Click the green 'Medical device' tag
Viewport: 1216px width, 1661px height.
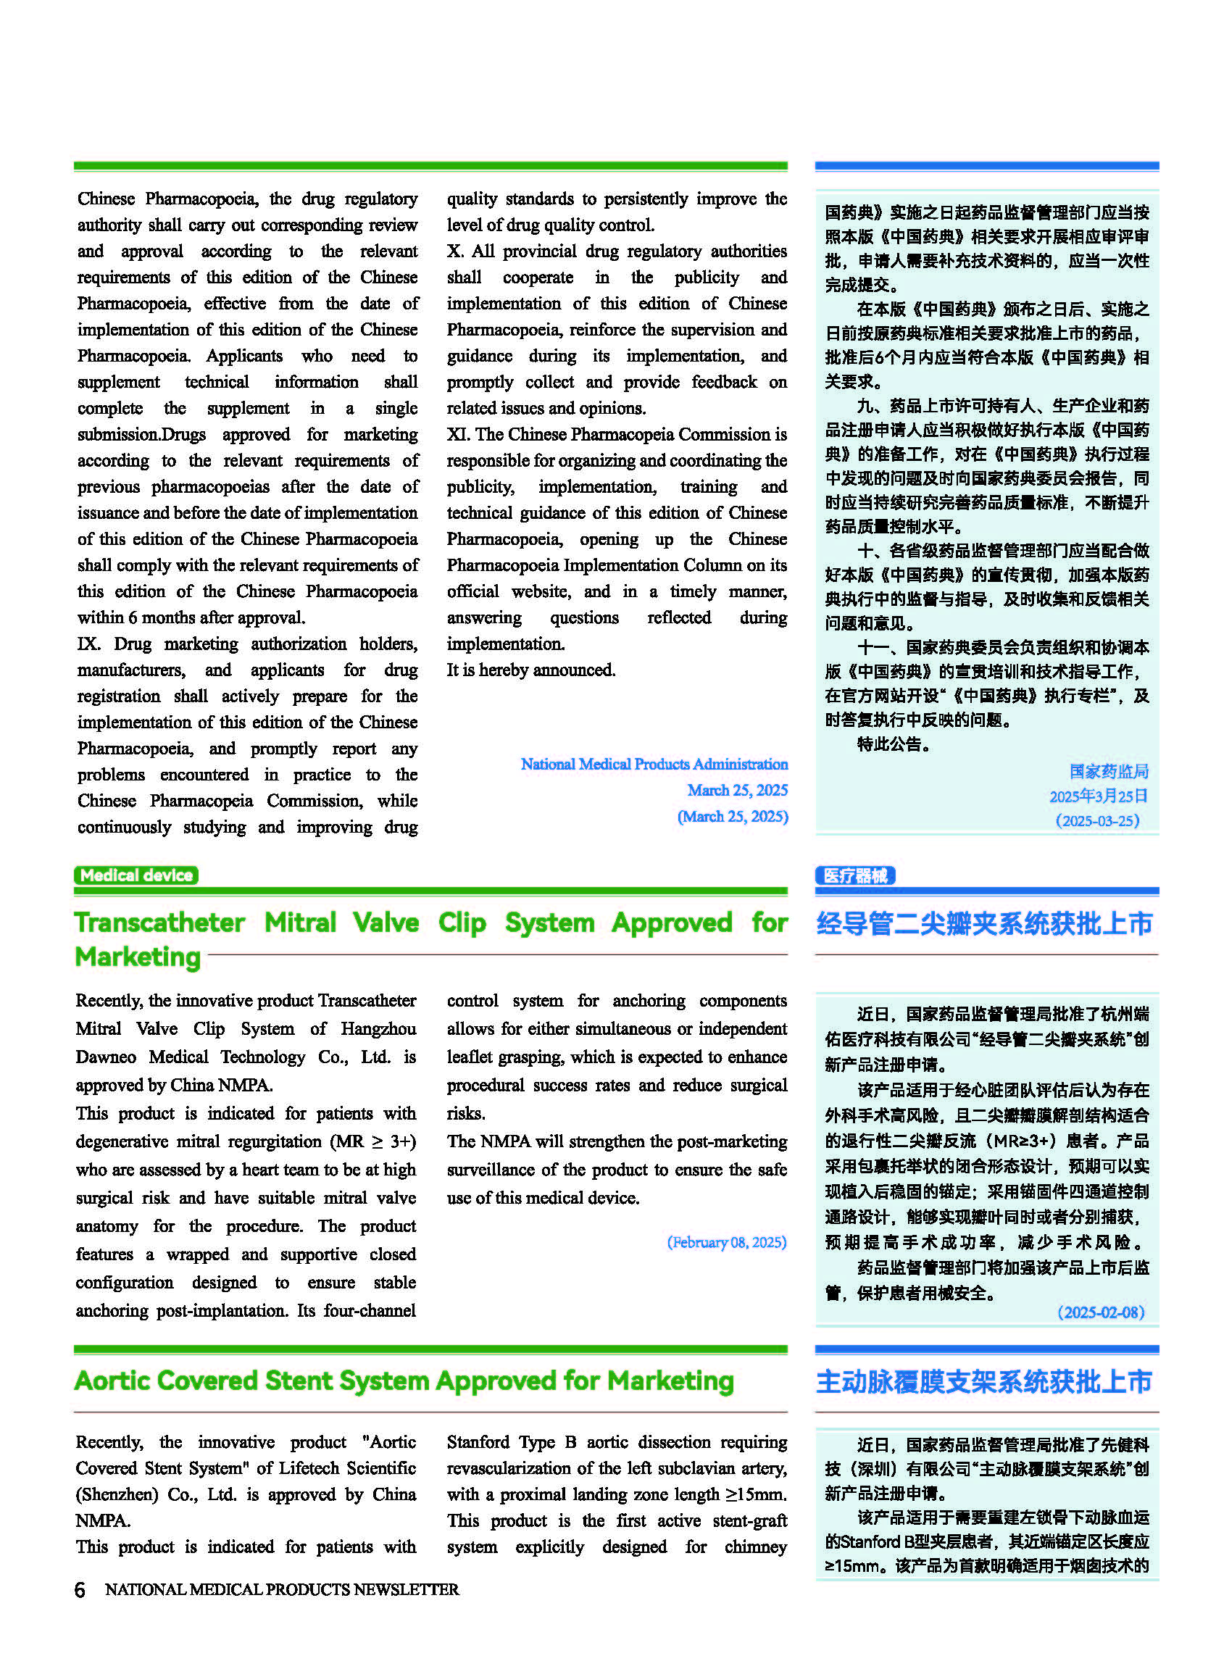(x=136, y=875)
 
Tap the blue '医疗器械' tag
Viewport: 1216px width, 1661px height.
(x=854, y=875)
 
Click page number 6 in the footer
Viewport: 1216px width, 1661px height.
(x=80, y=1589)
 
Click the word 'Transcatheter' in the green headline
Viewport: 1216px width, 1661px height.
(x=159, y=922)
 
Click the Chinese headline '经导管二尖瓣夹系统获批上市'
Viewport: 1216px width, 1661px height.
(x=984, y=923)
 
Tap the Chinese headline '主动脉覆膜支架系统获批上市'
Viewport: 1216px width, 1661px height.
(x=984, y=1382)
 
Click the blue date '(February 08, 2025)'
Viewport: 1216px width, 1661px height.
(x=727, y=1242)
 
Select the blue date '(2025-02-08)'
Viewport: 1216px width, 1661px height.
(x=1101, y=1312)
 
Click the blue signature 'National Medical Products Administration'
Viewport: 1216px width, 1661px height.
(x=654, y=764)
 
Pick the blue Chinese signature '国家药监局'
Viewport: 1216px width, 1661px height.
(x=1109, y=771)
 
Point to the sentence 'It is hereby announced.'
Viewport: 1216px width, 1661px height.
(x=530, y=670)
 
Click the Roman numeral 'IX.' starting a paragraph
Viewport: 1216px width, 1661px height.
(x=88, y=644)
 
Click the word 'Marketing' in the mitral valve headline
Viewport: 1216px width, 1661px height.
(x=138, y=957)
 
